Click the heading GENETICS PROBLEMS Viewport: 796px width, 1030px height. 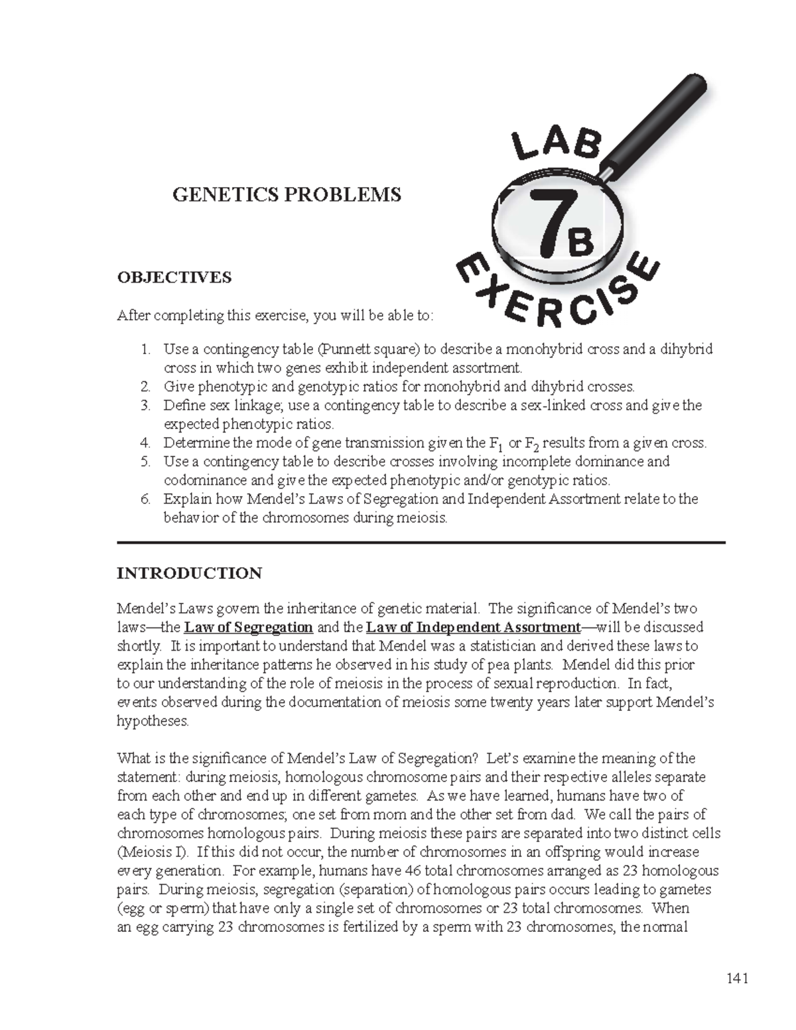[x=287, y=195]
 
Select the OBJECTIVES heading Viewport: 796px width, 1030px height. [x=174, y=277]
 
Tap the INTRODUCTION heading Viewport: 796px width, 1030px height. [x=190, y=574]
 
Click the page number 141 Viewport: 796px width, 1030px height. [x=738, y=978]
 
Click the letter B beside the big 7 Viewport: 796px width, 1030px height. [x=580, y=243]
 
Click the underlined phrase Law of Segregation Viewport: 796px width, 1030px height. [x=248, y=627]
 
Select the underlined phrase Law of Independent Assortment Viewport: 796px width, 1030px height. [x=473, y=627]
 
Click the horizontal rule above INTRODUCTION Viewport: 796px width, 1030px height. [x=421, y=543]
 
